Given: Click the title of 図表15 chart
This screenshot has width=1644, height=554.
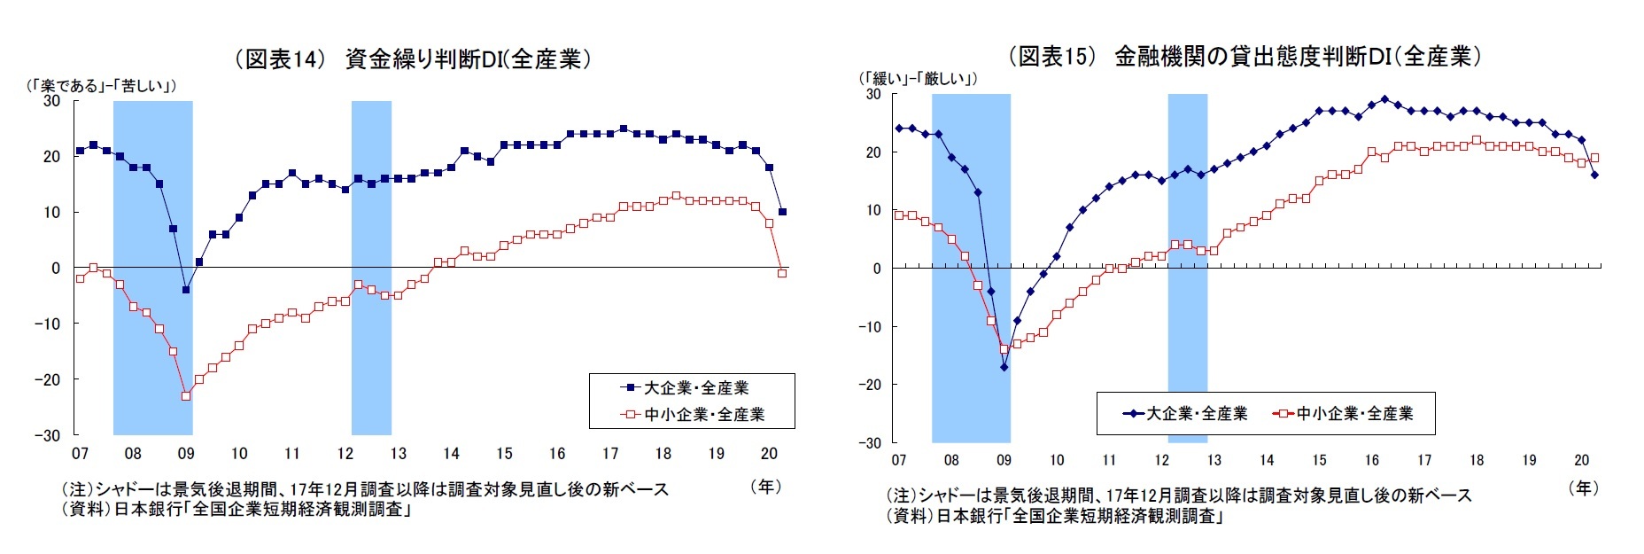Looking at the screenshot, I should click(x=1244, y=57).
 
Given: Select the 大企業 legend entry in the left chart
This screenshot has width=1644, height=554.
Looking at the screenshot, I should click(x=686, y=388).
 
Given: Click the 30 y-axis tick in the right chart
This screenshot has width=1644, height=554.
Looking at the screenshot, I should click(x=873, y=94).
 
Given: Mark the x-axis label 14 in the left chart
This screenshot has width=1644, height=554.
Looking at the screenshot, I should click(x=451, y=454).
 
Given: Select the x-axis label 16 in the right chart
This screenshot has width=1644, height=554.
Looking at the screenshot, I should click(x=1371, y=460).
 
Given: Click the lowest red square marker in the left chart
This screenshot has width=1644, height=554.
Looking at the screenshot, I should click(x=186, y=396).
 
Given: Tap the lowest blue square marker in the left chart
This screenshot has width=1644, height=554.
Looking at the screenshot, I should click(x=186, y=290).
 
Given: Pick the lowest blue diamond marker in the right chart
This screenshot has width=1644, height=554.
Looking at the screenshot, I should click(x=1004, y=367).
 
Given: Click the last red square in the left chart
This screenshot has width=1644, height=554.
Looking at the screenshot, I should click(x=782, y=273).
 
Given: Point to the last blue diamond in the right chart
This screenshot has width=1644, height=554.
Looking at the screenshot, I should click(x=1594, y=175).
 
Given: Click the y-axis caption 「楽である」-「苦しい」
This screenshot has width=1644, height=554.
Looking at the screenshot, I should click(x=101, y=86).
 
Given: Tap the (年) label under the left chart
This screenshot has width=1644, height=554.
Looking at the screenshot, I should click(x=765, y=487).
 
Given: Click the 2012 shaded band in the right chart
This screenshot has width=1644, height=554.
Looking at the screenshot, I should click(x=1187, y=266).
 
